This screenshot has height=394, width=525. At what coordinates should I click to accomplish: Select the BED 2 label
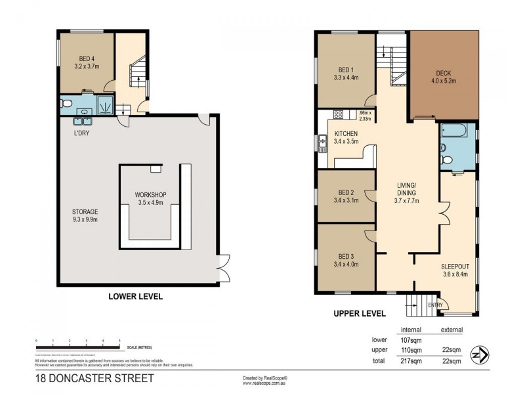346,195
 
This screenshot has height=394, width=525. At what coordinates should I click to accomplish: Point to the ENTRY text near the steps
434,305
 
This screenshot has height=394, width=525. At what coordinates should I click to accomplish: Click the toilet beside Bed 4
66,104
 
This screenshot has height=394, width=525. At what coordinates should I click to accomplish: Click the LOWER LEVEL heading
135,297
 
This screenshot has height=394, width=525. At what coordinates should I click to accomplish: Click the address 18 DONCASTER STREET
94,378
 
